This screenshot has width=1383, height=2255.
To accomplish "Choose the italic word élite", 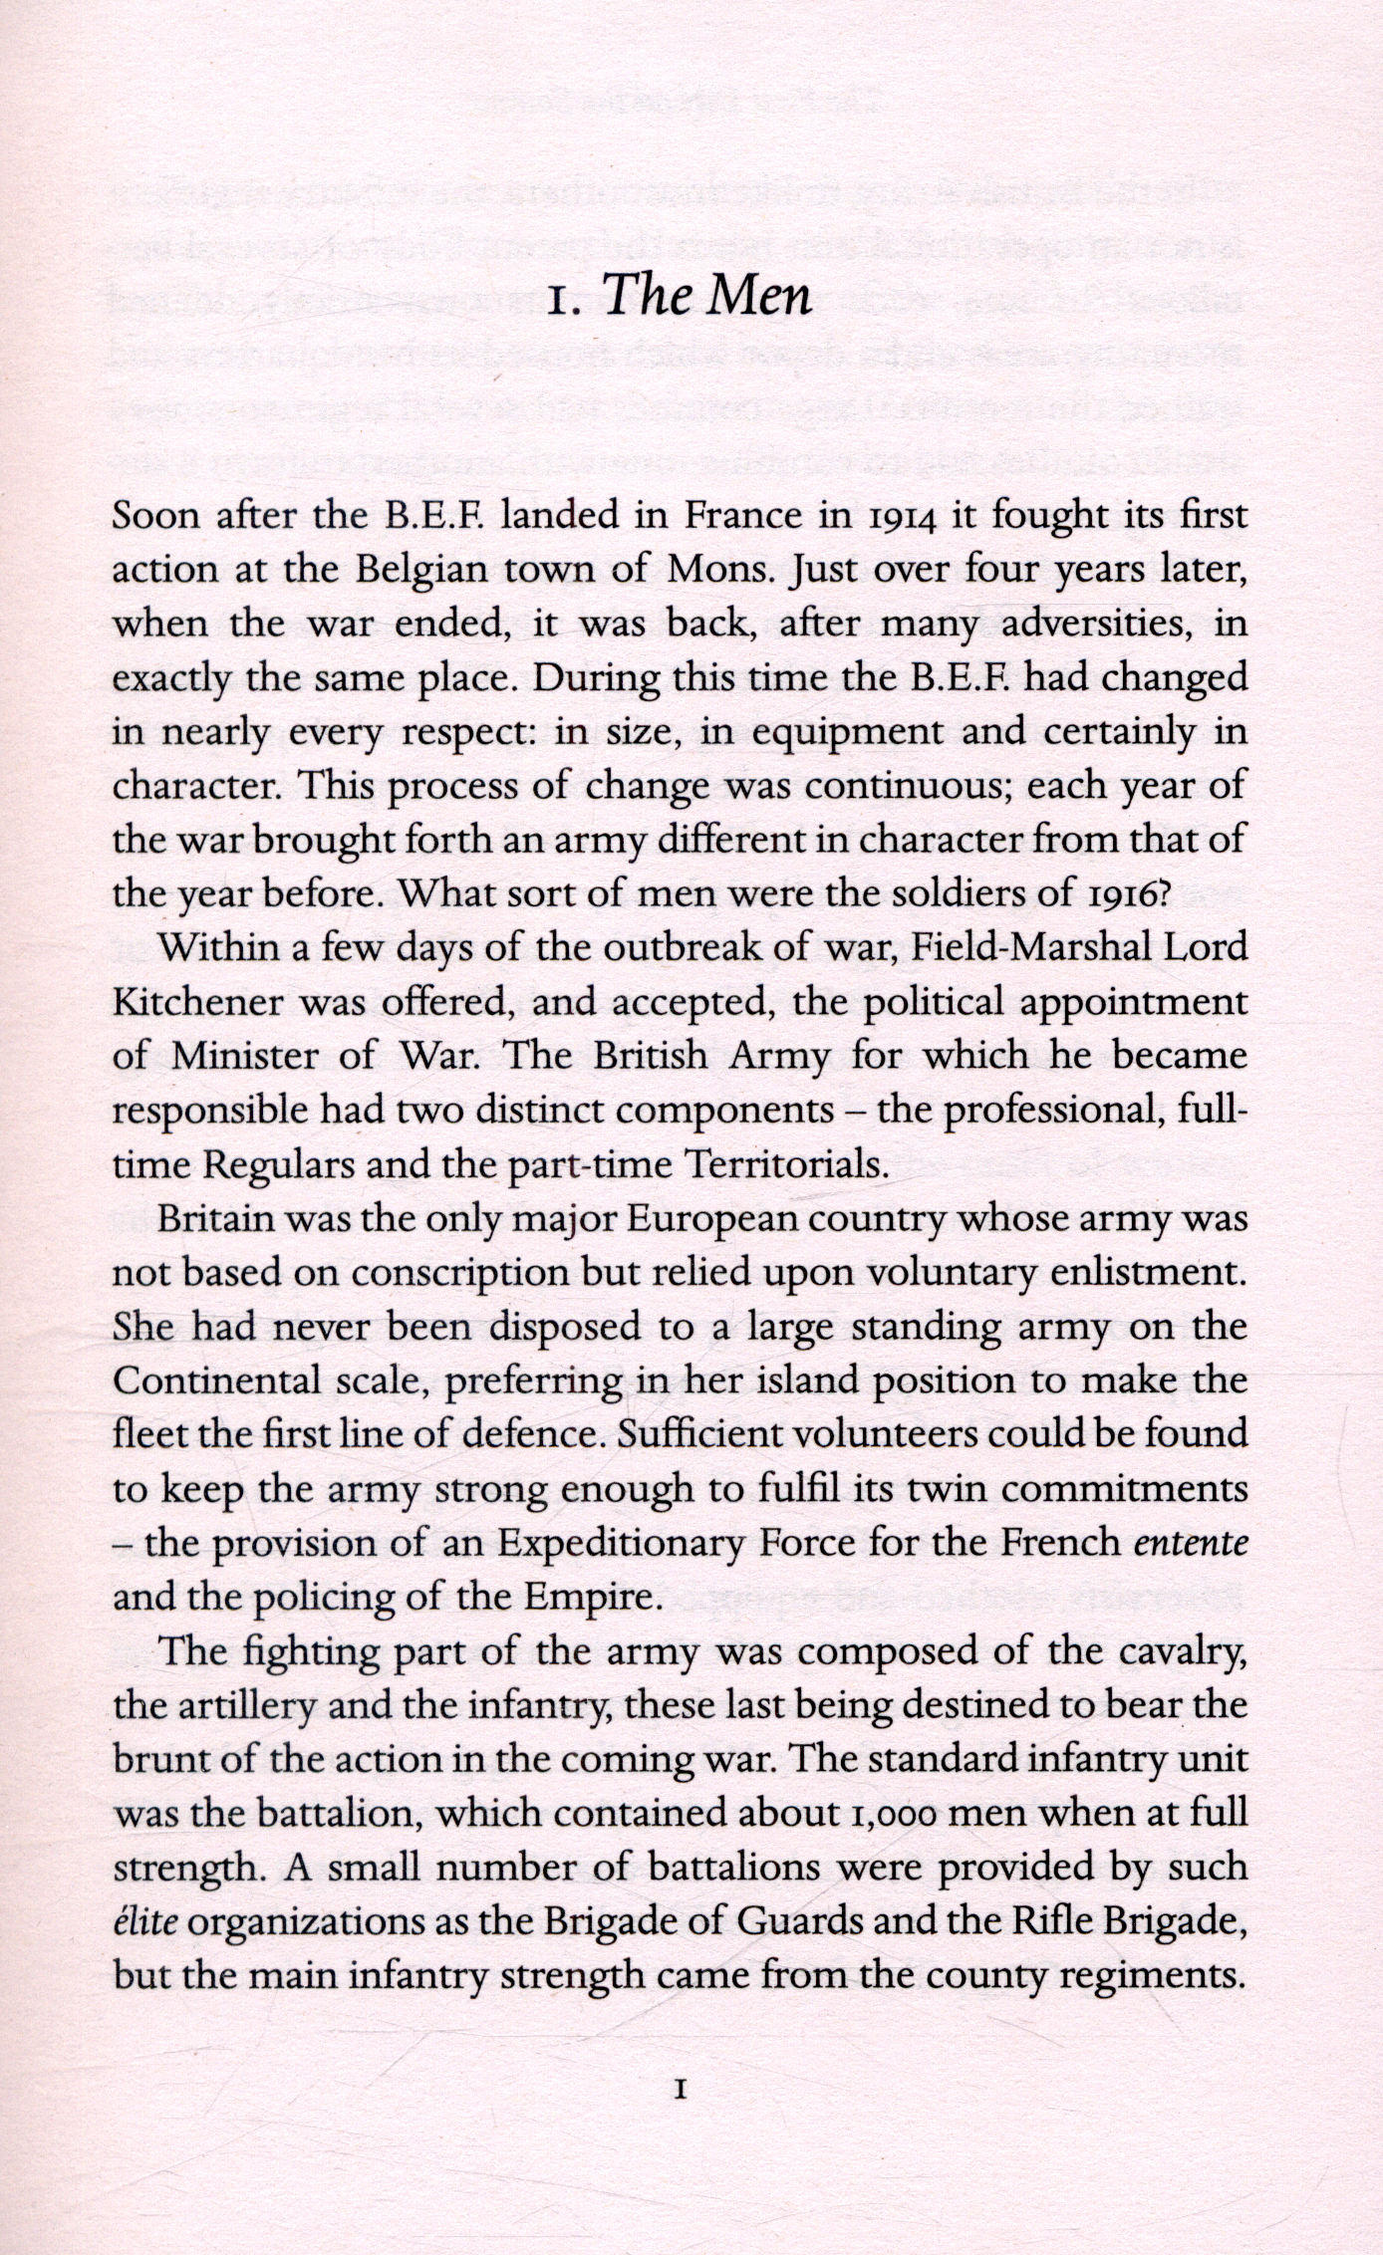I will tap(145, 1919).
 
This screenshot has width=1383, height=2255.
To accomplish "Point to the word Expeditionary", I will tap(621, 1543).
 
